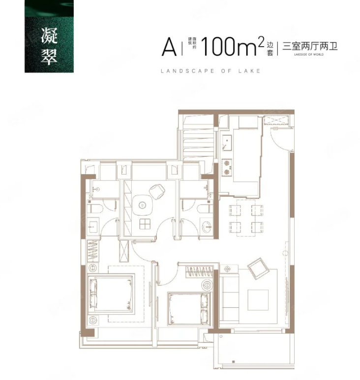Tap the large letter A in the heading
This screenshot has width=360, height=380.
pyautogui.click(x=169, y=48)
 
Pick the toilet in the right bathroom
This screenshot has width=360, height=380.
pyautogui.click(x=203, y=209)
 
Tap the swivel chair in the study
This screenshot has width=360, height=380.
pyautogui.click(x=157, y=190)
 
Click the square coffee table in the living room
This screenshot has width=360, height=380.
pyautogui.click(x=258, y=300)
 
